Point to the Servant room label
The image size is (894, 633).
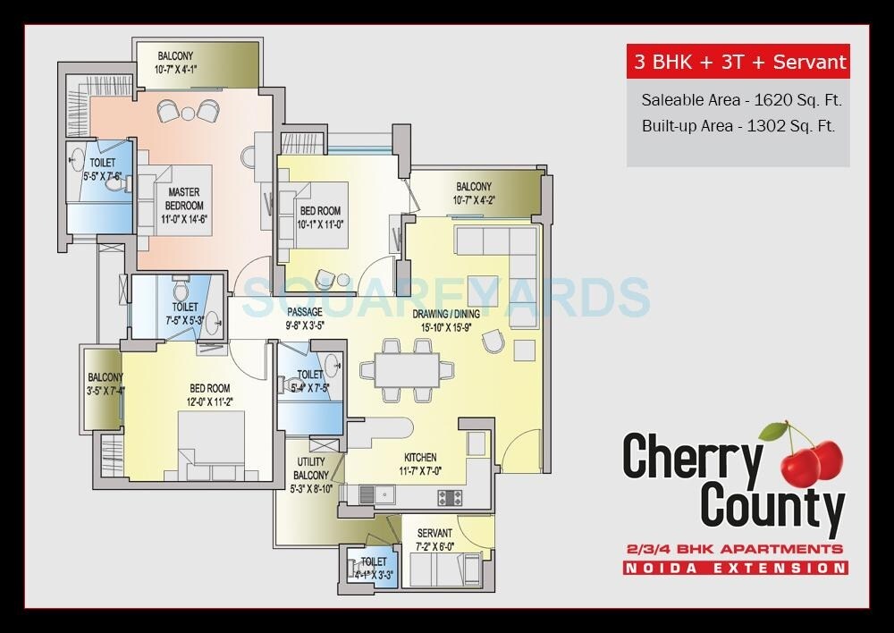(x=434, y=534)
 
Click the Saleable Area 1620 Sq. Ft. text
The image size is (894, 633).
(x=741, y=99)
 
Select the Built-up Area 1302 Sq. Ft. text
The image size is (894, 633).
(x=738, y=126)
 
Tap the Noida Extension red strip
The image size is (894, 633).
(x=736, y=568)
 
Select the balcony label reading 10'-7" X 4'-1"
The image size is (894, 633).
(x=175, y=69)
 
